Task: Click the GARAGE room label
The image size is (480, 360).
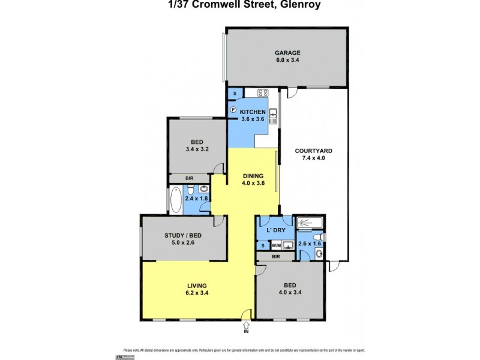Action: click(x=287, y=52)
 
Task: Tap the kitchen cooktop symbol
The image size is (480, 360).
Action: click(x=262, y=93)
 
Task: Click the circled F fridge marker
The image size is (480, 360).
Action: click(x=233, y=109)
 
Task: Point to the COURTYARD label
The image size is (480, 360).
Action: click(x=313, y=151)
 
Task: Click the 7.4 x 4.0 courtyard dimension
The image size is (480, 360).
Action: click(x=313, y=158)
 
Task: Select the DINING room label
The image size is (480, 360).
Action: click(x=252, y=176)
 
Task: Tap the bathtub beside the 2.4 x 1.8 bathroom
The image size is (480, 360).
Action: click(x=176, y=200)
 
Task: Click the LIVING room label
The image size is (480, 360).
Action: click(x=197, y=285)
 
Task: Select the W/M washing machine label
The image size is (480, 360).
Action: click(x=276, y=245)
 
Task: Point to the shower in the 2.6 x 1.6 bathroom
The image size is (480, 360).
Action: click(x=311, y=223)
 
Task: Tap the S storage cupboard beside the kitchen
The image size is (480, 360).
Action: click(x=235, y=94)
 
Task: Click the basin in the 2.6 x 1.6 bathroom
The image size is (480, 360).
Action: click(x=319, y=253)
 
